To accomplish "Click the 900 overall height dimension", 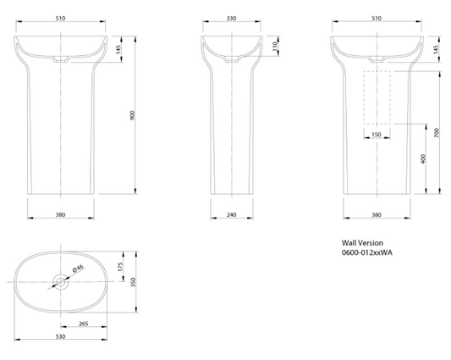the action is coord(132,115).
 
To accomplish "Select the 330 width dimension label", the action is coord(232,19).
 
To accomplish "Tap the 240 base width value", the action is coord(232,214).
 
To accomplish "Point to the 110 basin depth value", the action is coord(275,46).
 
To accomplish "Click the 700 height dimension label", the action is coord(437,133).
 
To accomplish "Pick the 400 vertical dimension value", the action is coord(423,159).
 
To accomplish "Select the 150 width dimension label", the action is coord(377,135).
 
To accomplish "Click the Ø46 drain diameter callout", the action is coord(78,269).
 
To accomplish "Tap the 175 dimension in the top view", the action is coord(120,266).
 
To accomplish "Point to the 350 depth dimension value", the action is coord(133,282).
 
